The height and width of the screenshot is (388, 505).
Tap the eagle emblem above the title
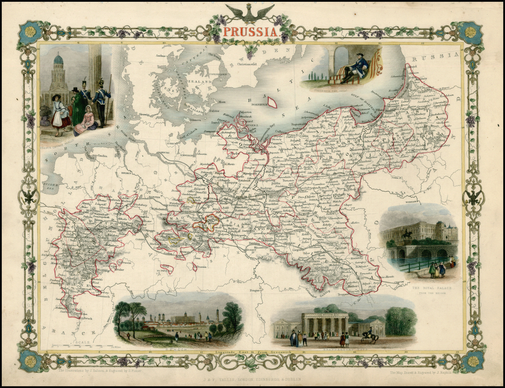[250, 13]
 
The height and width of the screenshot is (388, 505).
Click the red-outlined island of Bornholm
[272, 102]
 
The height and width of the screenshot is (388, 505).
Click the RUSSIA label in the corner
[442, 56]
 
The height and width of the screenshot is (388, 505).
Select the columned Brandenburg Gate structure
[325, 324]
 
